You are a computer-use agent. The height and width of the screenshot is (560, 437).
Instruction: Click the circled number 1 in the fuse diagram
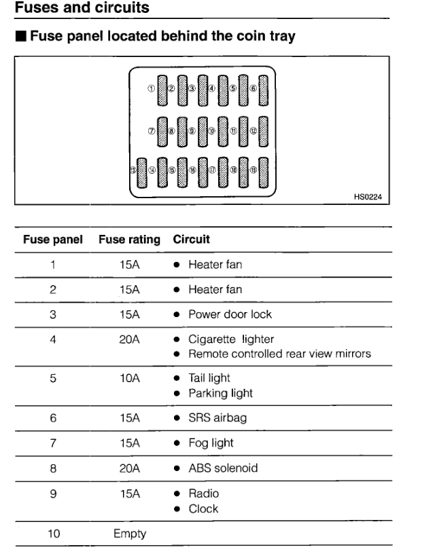pyautogui.click(x=152, y=89)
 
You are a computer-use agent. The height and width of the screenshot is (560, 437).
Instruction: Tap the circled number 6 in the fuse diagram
pyautogui.click(x=252, y=89)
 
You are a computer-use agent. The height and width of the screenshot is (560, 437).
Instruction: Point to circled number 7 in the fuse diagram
pyautogui.click(x=152, y=130)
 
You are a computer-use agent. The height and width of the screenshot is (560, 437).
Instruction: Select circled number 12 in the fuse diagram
pyautogui.click(x=252, y=130)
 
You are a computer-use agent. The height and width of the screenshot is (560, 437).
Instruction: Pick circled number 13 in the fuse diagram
pyautogui.click(x=133, y=171)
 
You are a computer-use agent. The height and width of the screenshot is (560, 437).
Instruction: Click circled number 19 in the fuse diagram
pyautogui.click(x=252, y=171)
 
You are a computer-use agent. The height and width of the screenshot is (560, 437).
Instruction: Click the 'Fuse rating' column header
pyautogui.click(x=130, y=240)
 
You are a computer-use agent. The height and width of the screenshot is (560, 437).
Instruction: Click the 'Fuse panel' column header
pyautogui.click(x=54, y=240)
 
